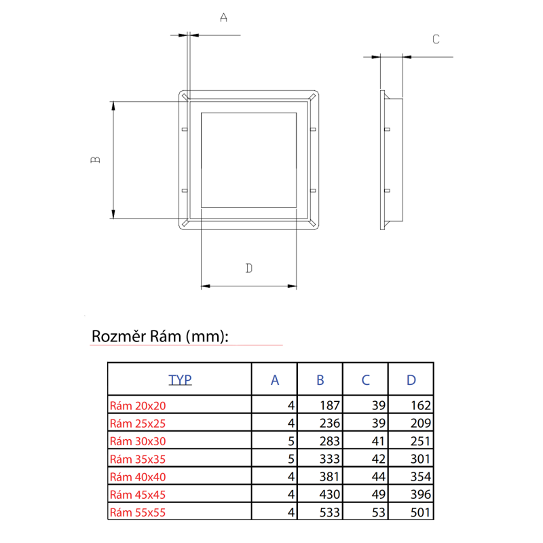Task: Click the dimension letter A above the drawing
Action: (224, 18)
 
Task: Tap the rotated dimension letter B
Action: (95, 160)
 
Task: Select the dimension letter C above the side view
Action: (436, 39)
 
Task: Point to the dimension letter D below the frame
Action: (249, 268)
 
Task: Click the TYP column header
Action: (180, 380)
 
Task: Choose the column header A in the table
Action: (275, 380)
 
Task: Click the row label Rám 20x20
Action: (138, 405)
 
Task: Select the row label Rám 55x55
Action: (138, 512)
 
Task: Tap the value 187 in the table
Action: (329, 405)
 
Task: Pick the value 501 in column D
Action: (420, 512)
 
